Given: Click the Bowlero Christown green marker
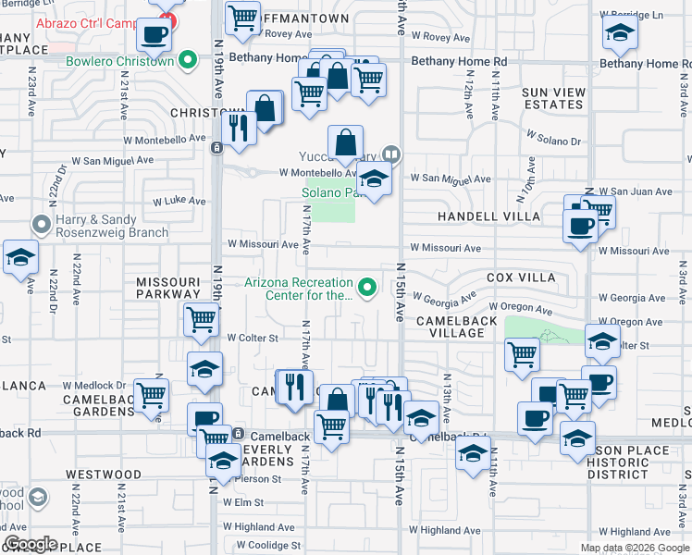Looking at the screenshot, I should pyautogui.click(x=189, y=62).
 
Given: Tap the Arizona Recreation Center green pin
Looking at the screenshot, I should pyautogui.click(x=368, y=289).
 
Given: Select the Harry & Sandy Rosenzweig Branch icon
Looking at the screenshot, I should pyautogui.click(x=40, y=225).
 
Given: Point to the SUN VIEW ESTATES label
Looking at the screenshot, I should pyautogui.click(x=553, y=98).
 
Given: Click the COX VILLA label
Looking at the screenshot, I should pyautogui.click(x=521, y=277).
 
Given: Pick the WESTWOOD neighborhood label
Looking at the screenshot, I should pyautogui.click(x=104, y=475).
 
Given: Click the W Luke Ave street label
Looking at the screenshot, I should pyautogui.click(x=179, y=200).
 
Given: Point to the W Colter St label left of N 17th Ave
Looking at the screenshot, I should pyautogui.click(x=253, y=339).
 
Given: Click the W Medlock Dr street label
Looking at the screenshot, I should pyautogui.click(x=93, y=385).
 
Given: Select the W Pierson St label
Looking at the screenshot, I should pyautogui.click(x=253, y=479).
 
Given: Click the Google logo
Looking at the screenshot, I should pyautogui.click(x=31, y=544).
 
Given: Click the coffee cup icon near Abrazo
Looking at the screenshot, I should pyautogui.click(x=154, y=36).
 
